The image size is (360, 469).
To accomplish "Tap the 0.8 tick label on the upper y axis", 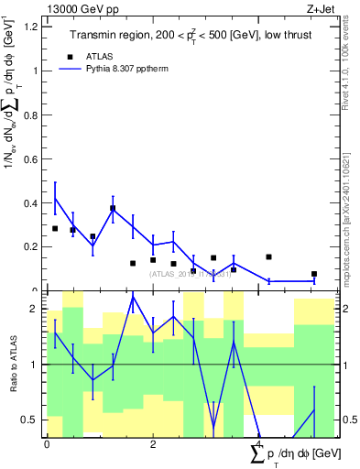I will coord(31,115).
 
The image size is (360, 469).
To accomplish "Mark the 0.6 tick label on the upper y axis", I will coord(31,158).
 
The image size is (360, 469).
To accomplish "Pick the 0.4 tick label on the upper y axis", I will coord(31,202).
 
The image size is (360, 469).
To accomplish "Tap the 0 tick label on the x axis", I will coord(47,443).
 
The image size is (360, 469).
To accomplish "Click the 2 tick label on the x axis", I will coord(153,443).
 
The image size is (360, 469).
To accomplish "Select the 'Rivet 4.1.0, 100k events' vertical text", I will coord(352,69).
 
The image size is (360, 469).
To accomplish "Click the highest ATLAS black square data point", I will coord(113,208).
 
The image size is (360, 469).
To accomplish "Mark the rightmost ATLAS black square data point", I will coord(314,274).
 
